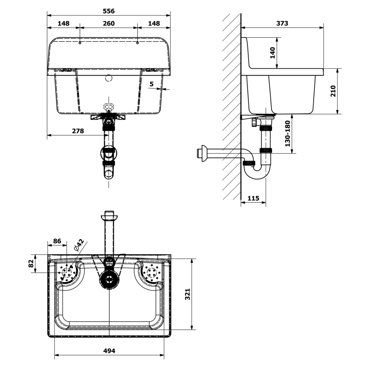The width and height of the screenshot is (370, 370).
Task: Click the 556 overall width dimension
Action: pos(109,11)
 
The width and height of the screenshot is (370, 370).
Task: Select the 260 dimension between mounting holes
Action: pos(109,23)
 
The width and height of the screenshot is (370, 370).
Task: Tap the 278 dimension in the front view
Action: pos(78,131)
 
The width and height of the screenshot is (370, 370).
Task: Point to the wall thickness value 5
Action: pos(151,84)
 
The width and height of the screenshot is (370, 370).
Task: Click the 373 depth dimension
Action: pos(282,23)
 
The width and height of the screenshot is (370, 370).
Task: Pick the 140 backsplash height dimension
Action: pos(272,53)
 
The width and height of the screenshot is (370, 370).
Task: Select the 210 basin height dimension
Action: pos(333,91)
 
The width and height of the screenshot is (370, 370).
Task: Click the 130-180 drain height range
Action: pos(287,134)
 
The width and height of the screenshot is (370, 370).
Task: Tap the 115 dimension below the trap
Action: pos(253,198)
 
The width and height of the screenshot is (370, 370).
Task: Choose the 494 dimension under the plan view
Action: pos(109,351)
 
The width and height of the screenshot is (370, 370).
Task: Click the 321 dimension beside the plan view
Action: pos(188,294)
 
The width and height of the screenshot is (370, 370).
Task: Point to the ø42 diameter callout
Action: pos(79,245)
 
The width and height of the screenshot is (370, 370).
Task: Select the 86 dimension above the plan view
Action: pos(57,241)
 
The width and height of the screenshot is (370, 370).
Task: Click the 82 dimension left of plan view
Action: pos(31,263)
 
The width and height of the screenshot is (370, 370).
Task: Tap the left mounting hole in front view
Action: pos(80,43)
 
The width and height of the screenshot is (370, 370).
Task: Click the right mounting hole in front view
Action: pos(138,43)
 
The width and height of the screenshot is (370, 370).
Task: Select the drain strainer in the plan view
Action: pos(109,280)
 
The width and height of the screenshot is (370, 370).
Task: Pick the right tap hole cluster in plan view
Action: pos(152,272)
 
